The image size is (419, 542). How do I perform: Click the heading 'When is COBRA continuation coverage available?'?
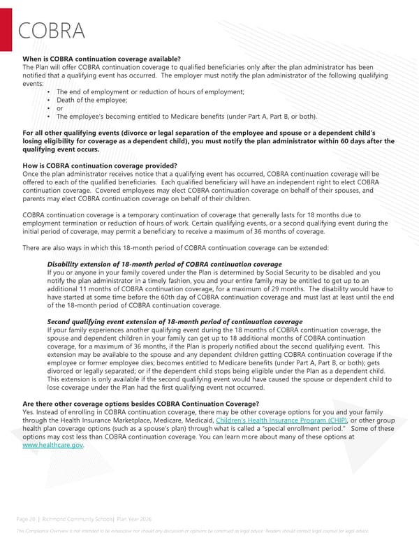(x=102, y=58)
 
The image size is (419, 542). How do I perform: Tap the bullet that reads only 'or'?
(x=59, y=108)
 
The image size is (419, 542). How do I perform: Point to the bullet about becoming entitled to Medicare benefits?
(x=186, y=116)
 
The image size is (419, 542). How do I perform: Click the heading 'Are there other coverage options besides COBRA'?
(x=141, y=404)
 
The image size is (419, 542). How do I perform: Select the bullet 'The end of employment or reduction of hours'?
(x=150, y=92)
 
